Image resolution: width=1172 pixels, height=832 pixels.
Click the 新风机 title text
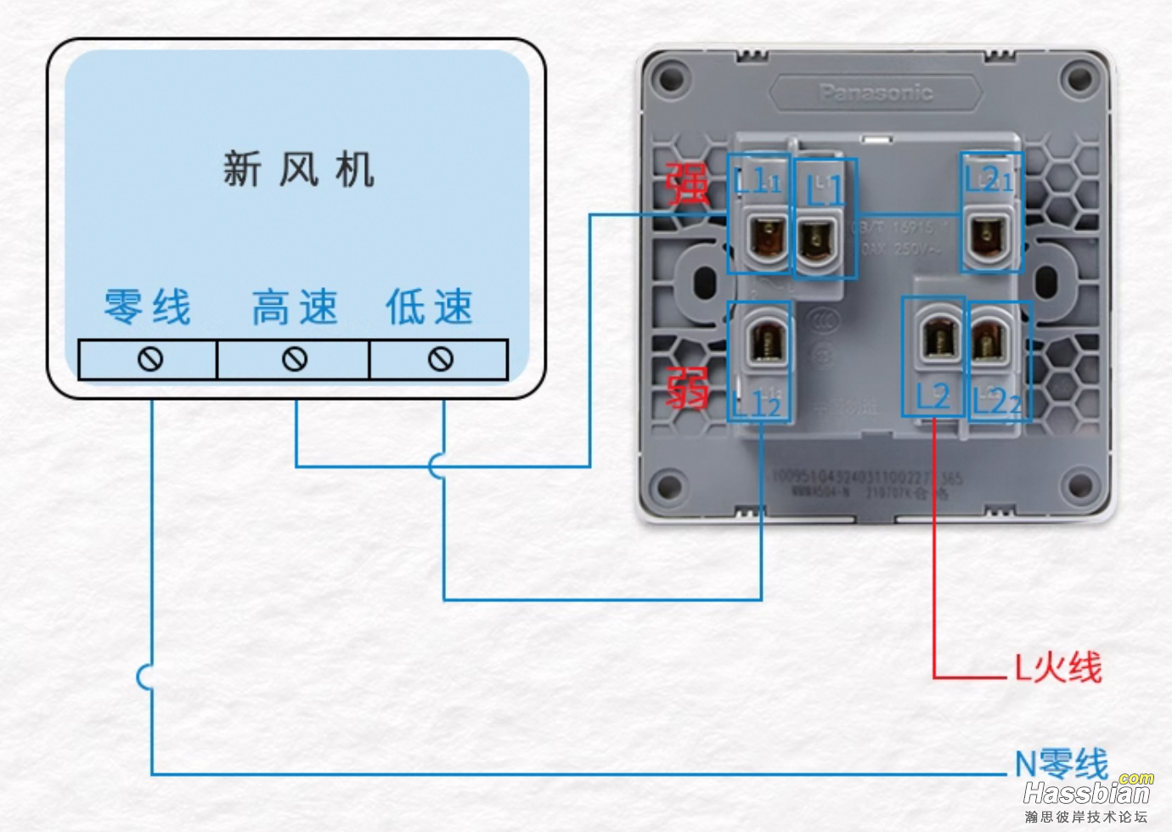point(298,169)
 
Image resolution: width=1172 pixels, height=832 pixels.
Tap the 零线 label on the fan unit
point(148,306)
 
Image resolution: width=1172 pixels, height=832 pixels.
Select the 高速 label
point(295,306)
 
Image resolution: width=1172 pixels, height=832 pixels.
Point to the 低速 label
point(429,306)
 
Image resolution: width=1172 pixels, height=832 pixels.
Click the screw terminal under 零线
point(150,359)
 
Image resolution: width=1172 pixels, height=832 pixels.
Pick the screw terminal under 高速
point(295,359)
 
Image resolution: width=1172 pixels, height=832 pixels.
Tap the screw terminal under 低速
point(440,359)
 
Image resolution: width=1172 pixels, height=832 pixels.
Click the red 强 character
point(685,183)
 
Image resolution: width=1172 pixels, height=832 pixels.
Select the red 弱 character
point(686,389)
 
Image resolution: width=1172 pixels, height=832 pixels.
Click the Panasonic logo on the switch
point(876,93)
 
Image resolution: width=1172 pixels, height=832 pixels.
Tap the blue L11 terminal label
point(758,180)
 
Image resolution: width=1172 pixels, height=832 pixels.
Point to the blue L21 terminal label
point(989,179)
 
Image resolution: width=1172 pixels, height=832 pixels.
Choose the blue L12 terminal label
point(757,405)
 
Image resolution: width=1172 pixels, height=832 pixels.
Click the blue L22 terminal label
point(998,400)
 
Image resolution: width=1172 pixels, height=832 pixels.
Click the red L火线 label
point(1058,667)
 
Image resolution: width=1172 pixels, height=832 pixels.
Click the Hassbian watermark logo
point(1088,793)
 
